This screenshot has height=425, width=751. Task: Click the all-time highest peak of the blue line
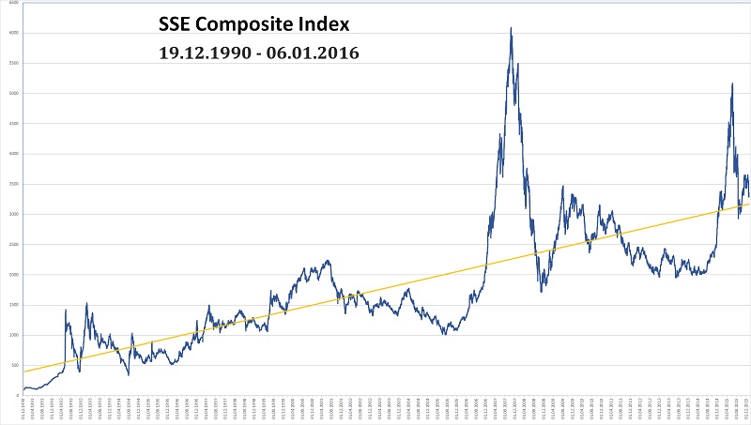click(510, 28)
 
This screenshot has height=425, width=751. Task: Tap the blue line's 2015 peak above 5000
click(731, 83)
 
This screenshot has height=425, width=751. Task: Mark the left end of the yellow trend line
click(23, 372)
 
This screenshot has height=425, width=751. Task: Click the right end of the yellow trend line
click(749, 204)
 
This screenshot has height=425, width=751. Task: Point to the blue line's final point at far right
click(748, 196)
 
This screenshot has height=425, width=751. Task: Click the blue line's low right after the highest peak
click(542, 292)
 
